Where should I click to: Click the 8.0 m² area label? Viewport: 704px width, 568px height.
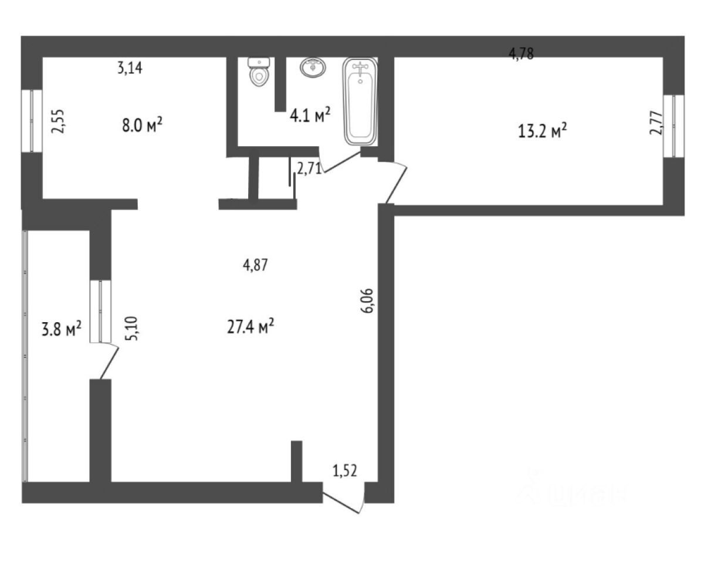tap(141, 126)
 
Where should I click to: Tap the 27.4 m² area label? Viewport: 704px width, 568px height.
tap(251, 327)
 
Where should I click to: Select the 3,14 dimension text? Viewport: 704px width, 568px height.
tap(130, 69)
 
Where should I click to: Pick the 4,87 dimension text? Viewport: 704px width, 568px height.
tap(255, 265)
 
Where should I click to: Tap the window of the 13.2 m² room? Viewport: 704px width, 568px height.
tap(678, 126)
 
